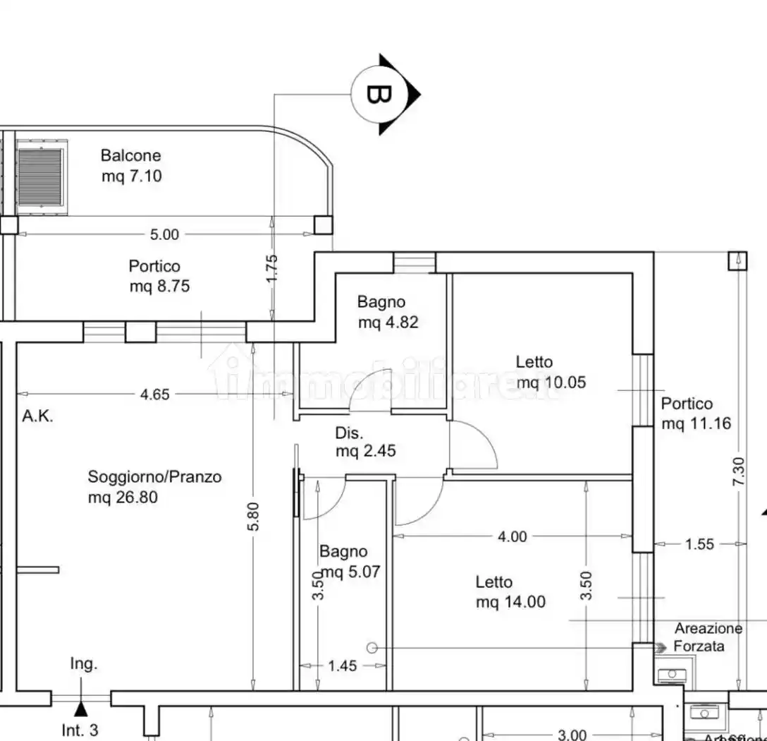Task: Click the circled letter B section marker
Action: pos(379,94)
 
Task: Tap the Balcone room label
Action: pos(131,166)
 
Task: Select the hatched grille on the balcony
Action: pos(42,176)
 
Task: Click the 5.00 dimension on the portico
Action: pos(165,234)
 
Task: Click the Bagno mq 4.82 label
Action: pos(387,312)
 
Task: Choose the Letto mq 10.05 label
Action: pos(541,372)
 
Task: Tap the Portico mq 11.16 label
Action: pos(695,414)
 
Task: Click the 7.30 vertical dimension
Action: pos(738,471)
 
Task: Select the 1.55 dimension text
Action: pos(699,544)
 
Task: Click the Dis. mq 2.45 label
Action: pos(365,442)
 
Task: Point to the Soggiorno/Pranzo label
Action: pos(154,486)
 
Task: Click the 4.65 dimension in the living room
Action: pos(154,394)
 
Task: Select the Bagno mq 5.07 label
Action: pos(349,562)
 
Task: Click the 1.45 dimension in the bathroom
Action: pos(343,665)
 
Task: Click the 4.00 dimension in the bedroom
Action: pos(513,536)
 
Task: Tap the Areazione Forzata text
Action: pos(707,637)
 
